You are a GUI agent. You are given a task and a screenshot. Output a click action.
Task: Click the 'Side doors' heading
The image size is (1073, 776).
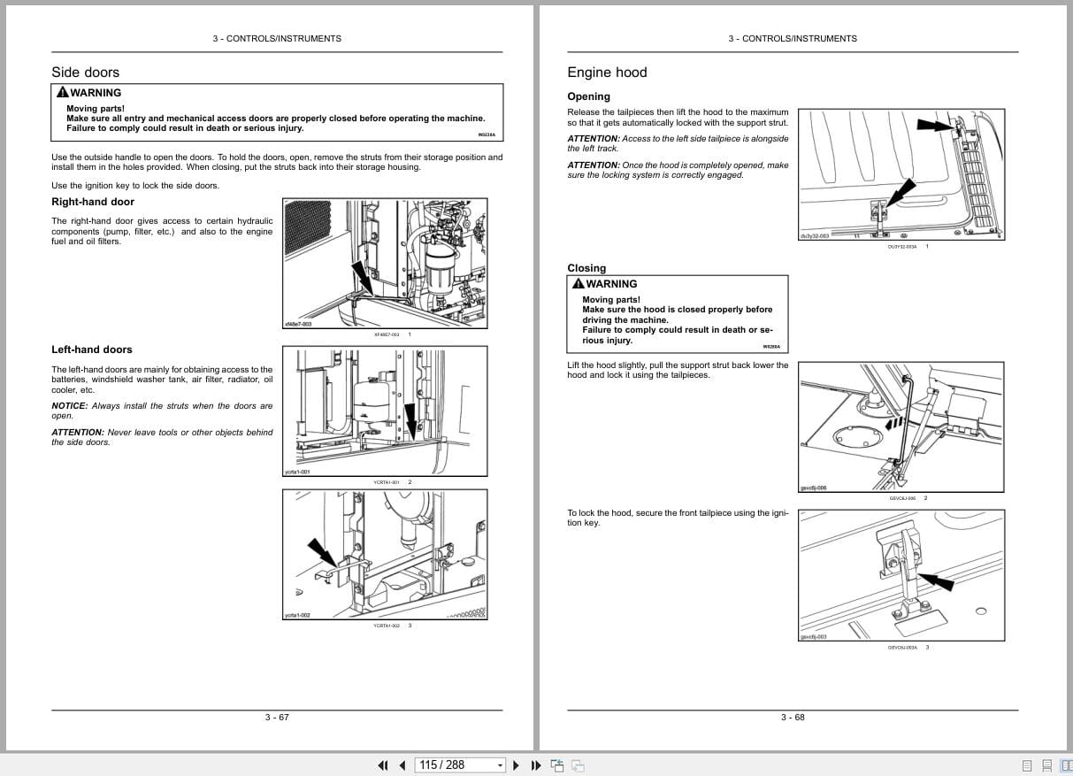[85, 73]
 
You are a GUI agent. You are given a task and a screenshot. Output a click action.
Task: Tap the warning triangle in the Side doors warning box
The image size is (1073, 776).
[62, 93]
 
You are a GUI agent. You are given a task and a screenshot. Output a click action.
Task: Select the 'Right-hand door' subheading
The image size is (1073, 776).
[93, 202]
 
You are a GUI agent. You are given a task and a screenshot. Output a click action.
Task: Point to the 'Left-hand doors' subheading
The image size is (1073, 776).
[92, 350]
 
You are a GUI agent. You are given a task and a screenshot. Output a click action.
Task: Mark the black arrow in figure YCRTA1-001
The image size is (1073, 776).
[410, 420]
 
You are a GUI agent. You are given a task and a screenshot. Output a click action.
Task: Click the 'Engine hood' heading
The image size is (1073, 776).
[607, 73]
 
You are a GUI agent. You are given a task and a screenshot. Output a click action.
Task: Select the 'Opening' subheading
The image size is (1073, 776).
[588, 96]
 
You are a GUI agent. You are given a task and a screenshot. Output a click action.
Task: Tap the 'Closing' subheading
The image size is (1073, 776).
[586, 268]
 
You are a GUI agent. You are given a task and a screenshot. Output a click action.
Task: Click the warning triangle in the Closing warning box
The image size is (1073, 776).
[578, 284]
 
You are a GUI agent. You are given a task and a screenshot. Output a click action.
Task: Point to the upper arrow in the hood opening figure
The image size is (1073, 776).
[937, 126]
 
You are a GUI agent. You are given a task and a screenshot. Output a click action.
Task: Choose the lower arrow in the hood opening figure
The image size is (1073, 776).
[900, 192]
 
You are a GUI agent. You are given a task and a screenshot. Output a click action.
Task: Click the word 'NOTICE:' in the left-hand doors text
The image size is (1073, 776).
[69, 406]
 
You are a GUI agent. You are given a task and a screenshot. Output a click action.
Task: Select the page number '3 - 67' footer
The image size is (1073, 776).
[277, 717]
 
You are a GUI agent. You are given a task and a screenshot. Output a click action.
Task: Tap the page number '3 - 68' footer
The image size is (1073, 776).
[793, 717]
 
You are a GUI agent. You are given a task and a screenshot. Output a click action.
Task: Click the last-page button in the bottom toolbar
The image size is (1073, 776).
[536, 765]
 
